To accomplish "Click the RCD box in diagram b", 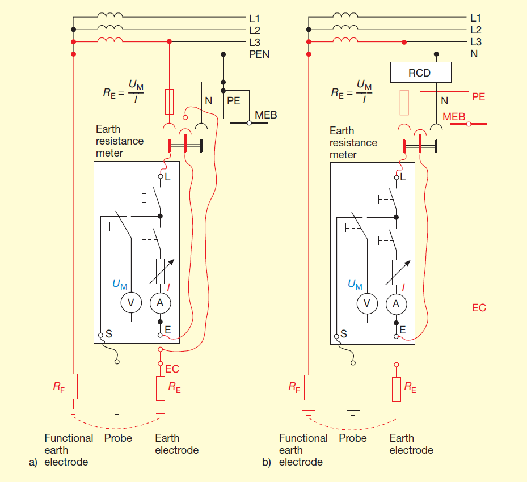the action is pos(420,72).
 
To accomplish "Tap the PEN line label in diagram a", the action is pos(259,54).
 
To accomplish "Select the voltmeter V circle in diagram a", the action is pos(131,303).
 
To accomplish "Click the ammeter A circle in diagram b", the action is pos(397,304).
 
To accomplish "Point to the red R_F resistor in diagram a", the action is pos(73,386).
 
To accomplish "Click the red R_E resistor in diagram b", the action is pos(397,390).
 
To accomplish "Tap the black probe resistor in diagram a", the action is pos(117,386).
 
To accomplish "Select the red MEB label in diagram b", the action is pos(454,117).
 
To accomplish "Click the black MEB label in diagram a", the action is pos(266,115).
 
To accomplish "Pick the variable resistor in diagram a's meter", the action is pos(161,272).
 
